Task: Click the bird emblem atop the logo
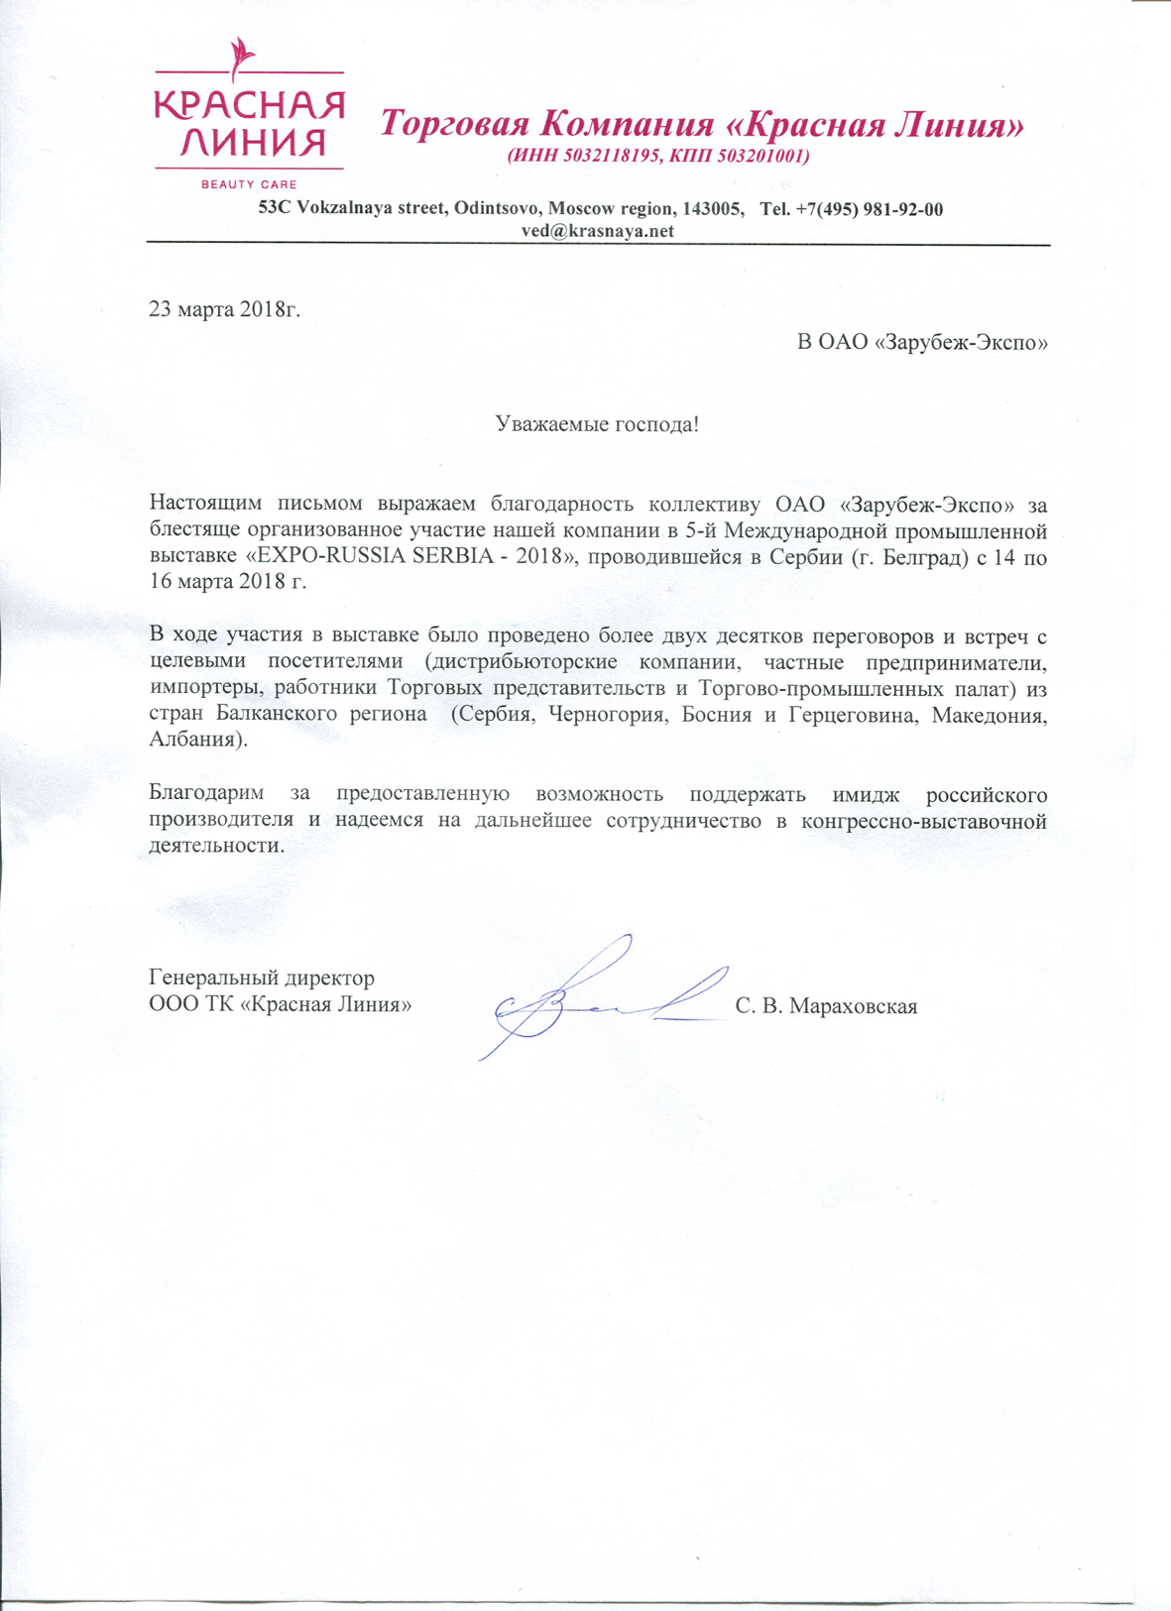coord(240,58)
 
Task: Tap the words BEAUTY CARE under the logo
coord(249,184)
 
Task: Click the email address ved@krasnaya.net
coord(598,231)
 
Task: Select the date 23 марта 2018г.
coord(224,308)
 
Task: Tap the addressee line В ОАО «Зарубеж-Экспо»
coord(922,343)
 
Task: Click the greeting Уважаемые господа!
coord(597,425)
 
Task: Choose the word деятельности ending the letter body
coord(214,847)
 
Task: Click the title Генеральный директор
coord(262,978)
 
